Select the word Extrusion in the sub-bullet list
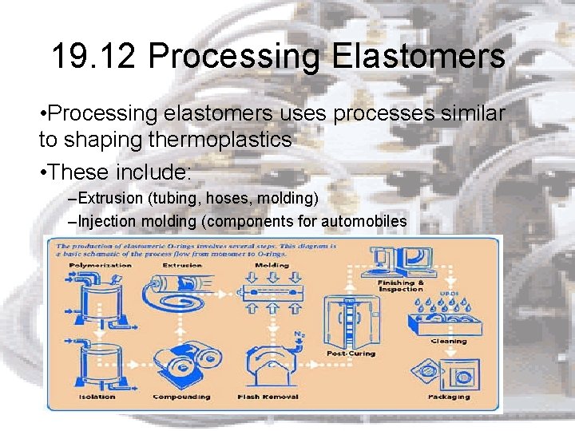pos(111,197)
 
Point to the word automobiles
pos(368,221)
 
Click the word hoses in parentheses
pos(231,197)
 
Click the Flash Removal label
pos(268,396)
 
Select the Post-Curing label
pos(351,353)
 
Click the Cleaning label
pos(448,341)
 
